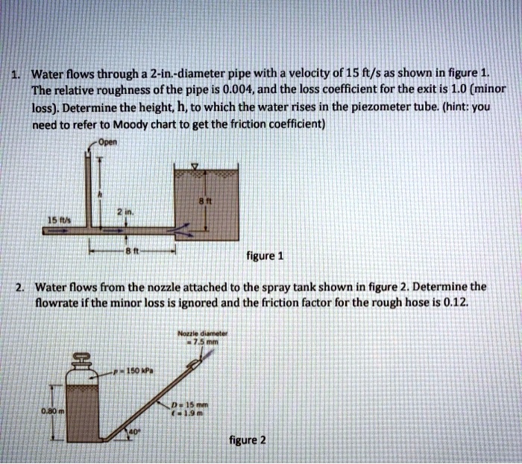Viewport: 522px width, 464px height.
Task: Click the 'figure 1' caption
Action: coord(265,257)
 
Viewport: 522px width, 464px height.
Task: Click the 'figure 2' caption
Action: coord(248,440)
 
